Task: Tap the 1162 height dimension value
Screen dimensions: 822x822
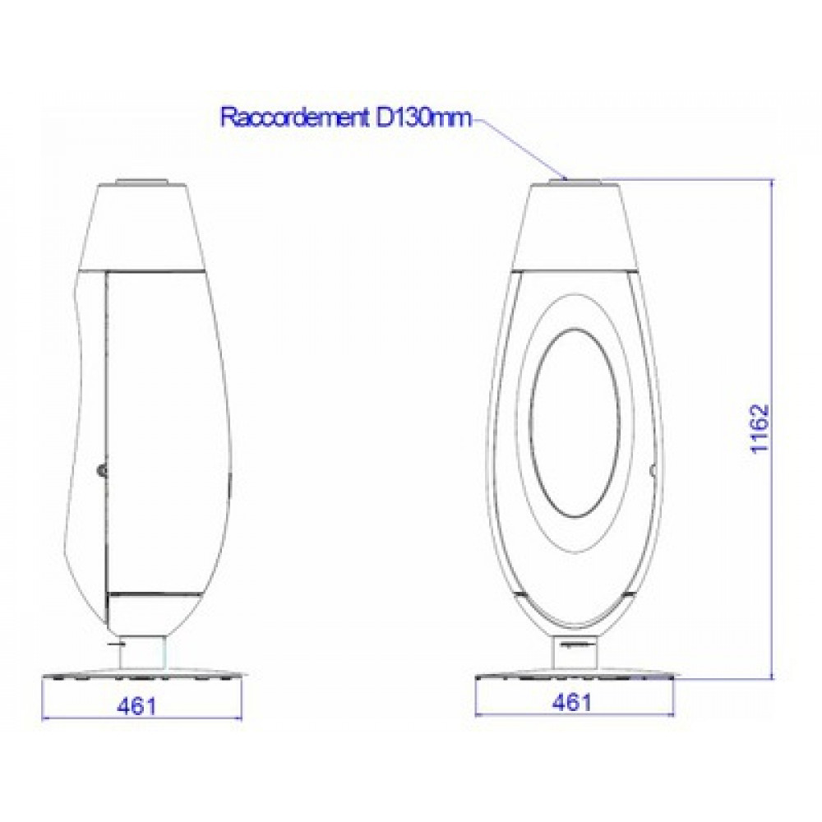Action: [760, 428]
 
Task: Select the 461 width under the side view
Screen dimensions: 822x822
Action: [136, 706]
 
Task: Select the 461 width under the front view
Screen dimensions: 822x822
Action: [572, 702]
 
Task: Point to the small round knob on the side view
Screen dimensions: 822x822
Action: [101, 471]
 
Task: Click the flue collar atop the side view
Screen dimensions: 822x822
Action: [141, 182]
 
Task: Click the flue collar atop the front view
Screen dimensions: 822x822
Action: [575, 182]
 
